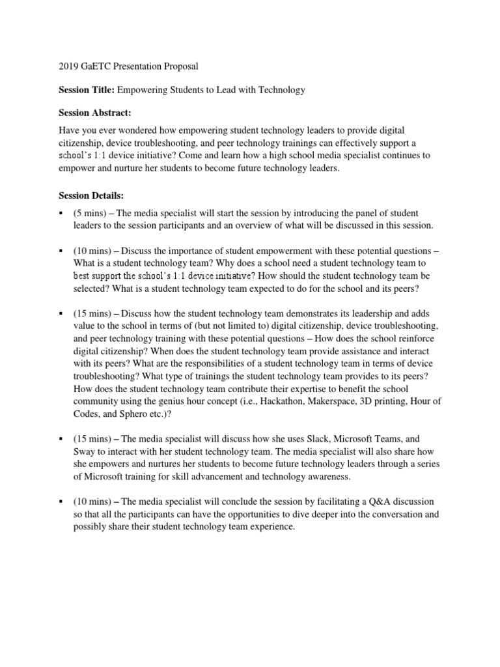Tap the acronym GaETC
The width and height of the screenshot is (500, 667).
[98, 67]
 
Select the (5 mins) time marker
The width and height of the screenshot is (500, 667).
[90, 213]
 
